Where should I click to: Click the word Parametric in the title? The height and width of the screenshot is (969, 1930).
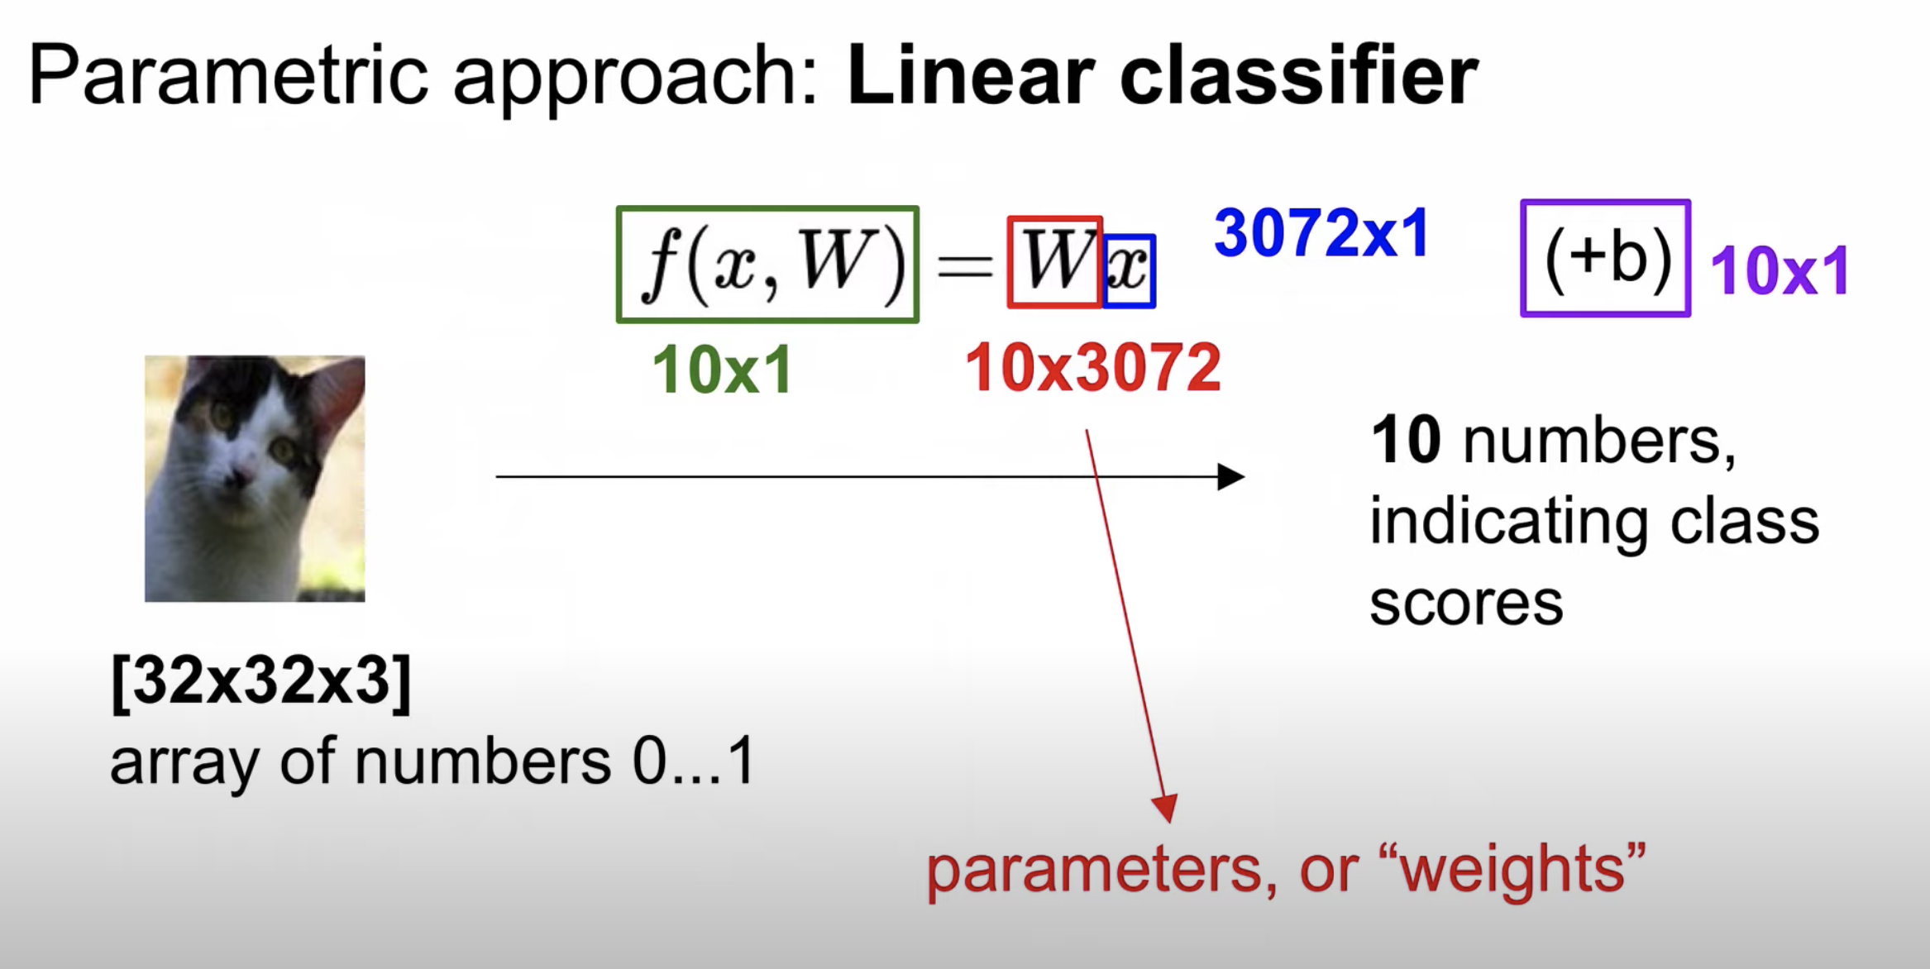pyautogui.click(x=227, y=77)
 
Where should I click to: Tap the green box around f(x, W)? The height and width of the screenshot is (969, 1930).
pyautogui.click(x=767, y=264)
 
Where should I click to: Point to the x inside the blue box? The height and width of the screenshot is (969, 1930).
pyautogui.click(x=1129, y=270)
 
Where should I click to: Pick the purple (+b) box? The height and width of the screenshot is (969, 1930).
pyautogui.click(x=1605, y=258)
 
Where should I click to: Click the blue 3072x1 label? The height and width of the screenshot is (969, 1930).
pyautogui.click(x=1321, y=234)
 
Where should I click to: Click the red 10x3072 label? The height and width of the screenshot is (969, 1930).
pyautogui.click(x=1092, y=368)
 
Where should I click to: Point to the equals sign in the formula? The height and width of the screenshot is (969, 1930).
pyautogui.click(x=963, y=266)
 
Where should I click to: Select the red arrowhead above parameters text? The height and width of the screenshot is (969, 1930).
pyautogui.click(x=1165, y=807)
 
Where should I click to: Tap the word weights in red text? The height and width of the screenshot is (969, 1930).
pyautogui.click(x=1512, y=870)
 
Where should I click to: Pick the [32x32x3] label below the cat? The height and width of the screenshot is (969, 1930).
pyautogui.click(x=260, y=681)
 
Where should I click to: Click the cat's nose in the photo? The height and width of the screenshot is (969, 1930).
pyautogui.click(x=241, y=475)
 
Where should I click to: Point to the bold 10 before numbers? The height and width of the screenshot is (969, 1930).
pyautogui.click(x=1406, y=441)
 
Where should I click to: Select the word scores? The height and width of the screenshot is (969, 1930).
pyautogui.click(x=1466, y=604)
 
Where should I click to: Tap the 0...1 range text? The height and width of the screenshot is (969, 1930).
pyautogui.click(x=694, y=761)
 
